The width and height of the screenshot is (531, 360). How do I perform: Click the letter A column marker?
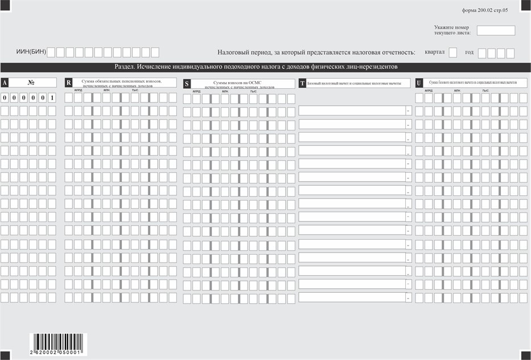click(x=5, y=83)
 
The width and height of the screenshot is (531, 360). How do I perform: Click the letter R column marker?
click(x=69, y=83)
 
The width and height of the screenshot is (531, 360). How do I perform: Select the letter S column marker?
click(x=187, y=84)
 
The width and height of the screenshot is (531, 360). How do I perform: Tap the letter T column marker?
click(x=302, y=83)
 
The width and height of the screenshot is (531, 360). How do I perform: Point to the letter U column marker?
click(x=419, y=83)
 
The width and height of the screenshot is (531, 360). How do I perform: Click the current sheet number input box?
click(x=495, y=31)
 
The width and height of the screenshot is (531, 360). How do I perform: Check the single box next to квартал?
click(x=453, y=53)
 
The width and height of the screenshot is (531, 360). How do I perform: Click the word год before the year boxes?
click(x=469, y=52)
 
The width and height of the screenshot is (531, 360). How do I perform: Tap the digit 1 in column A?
click(x=52, y=98)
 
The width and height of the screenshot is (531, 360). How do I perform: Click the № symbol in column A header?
click(x=31, y=83)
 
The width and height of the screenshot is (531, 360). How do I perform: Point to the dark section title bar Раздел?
click(x=265, y=67)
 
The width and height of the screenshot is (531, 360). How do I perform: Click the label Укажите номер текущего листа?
click(x=452, y=30)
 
